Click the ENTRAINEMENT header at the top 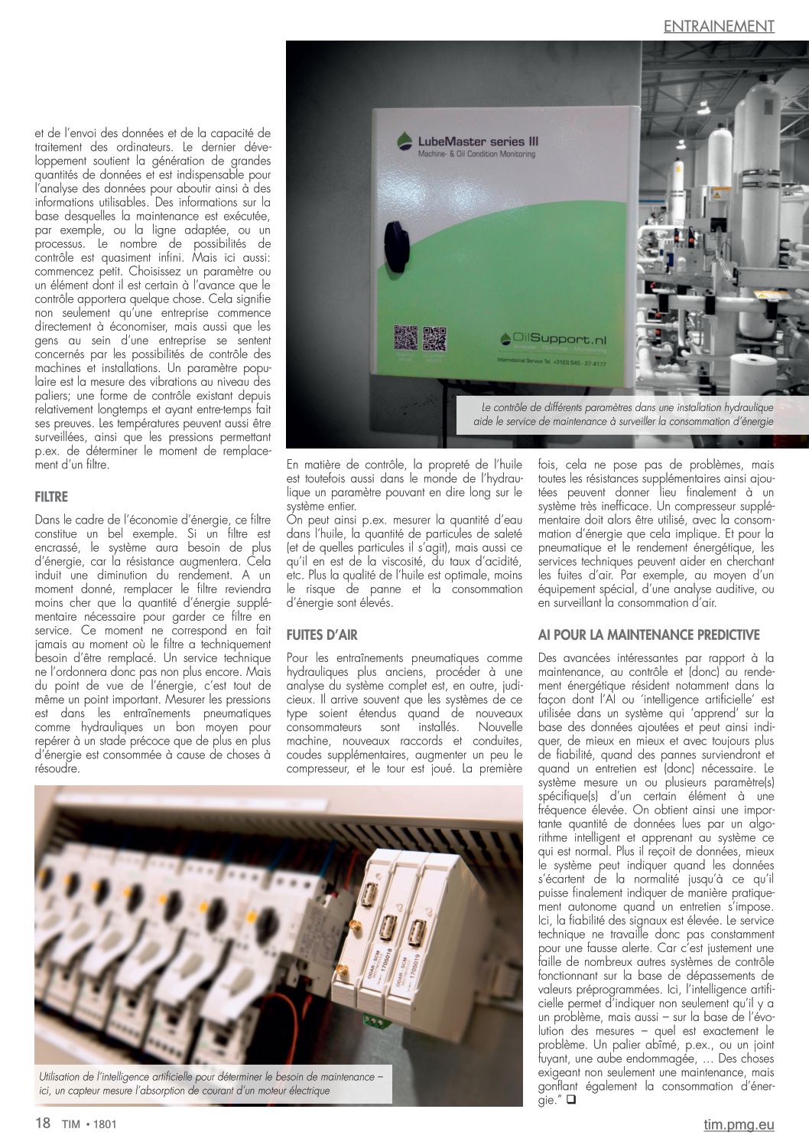719,26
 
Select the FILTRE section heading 51,497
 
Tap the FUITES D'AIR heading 322,634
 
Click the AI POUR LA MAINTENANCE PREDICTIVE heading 648,634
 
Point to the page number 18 43,1124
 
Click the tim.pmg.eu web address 739,1124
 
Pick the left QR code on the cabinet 405,338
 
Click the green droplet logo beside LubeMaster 405,141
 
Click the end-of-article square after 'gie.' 570,1101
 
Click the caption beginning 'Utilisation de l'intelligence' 213,1083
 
